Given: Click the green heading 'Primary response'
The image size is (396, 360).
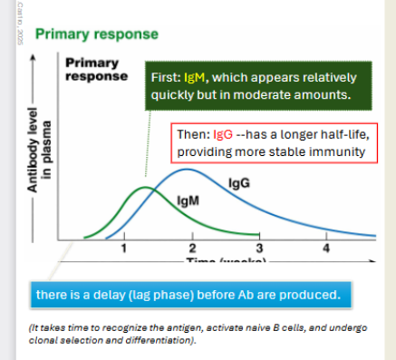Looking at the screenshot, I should point(96,34).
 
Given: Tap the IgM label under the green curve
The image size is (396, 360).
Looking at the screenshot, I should point(188,199).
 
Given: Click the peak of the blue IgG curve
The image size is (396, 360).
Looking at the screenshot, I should point(187,170).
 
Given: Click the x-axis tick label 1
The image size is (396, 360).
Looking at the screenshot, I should point(124,248).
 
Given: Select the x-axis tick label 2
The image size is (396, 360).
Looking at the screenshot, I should point(192,248).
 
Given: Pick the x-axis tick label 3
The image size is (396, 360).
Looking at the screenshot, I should point(259,248).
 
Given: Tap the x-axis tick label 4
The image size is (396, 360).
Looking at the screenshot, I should point(326,248).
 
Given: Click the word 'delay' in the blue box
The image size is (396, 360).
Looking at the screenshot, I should point(100,295).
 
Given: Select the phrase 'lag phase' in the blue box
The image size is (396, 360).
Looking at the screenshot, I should point(153,295).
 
